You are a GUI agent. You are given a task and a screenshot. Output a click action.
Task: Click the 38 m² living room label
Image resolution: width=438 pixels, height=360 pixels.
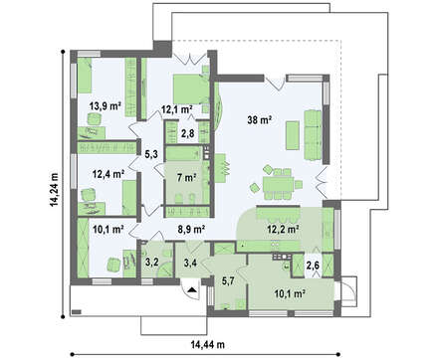pyautogui.click(x=260, y=120)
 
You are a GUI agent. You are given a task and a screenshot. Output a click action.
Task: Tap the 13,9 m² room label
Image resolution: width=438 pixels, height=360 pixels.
pyautogui.click(x=105, y=106)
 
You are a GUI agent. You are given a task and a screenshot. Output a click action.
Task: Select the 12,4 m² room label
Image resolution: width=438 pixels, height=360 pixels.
pyautogui.click(x=109, y=174)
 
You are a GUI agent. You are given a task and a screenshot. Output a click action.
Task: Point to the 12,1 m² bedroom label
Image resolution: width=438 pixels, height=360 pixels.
pyautogui.click(x=177, y=109)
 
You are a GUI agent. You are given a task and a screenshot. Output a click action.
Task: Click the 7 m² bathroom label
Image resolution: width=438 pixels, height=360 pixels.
pyautogui.click(x=186, y=178)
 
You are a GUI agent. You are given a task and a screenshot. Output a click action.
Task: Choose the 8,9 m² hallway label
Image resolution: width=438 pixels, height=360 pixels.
pyautogui.click(x=191, y=229)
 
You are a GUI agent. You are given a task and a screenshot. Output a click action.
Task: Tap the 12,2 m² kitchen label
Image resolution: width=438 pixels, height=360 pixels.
pyautogui.click(x=284, y=229)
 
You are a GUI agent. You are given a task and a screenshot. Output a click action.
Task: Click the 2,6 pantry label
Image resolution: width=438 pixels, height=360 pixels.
pyautogui.click(x=313, y=265)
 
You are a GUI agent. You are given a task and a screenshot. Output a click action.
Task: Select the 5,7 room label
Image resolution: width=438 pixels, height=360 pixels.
pyautogui.click(x=228, y=281)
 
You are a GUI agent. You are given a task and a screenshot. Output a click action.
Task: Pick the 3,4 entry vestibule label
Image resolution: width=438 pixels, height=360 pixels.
pyautogui.click(x=190, y=263)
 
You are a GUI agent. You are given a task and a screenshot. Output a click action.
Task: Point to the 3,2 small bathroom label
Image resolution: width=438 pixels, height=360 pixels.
pyautogui.click(x=152, y=262)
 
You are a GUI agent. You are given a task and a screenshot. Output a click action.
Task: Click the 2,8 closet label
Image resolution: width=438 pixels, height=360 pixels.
pyautogui.click(x=187, y=133)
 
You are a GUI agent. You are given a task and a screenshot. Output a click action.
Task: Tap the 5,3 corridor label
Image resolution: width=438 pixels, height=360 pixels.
pyautogui.click(x=150, y=153)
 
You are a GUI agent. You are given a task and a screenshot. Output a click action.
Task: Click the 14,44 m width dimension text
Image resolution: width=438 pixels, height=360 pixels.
pyautogui.click(x=208, y=345)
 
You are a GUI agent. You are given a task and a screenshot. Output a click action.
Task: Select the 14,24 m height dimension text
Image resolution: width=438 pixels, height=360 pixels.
pyautogui.click(x=54, y=189)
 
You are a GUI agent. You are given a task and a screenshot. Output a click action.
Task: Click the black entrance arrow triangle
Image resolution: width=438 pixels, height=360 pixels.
pyautogui.click(x=191, y=289)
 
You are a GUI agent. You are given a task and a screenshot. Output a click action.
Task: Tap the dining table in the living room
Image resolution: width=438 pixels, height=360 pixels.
pyautogui.click(x=278, y=185)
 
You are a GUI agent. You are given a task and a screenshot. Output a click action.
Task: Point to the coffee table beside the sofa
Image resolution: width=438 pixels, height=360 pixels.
pyautogui.click(x=293, y=135)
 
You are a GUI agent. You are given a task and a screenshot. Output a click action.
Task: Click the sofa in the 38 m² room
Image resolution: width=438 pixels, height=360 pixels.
pyautogui.click(x=313, y=135)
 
